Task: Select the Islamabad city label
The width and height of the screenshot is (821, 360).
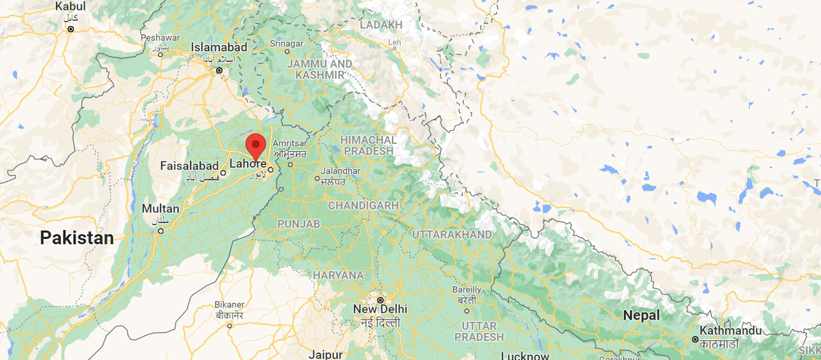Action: pos(219,47)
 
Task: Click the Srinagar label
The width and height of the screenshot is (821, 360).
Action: pos(287,43)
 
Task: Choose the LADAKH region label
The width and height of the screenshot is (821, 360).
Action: pos(380,25)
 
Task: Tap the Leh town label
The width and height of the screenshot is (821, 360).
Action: pos(394,42)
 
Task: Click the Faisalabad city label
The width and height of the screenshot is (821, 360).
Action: pos(189,166)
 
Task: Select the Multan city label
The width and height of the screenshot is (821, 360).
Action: pos(161,209)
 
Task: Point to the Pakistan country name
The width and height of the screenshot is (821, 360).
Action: pos(76,238)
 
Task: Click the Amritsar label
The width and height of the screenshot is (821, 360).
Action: pos(288,142)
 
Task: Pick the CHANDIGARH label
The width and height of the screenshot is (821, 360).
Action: pos(363,205)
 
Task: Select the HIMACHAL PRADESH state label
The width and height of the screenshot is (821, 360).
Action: pos(367,145)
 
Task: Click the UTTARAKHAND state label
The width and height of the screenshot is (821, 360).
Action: pos(451,235)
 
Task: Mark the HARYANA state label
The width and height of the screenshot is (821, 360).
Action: pos(338,275)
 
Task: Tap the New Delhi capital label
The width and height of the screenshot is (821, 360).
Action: pos(380,309)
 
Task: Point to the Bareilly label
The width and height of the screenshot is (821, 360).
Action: pos(467,290)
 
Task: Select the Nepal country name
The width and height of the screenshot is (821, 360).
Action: pos(641,316)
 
